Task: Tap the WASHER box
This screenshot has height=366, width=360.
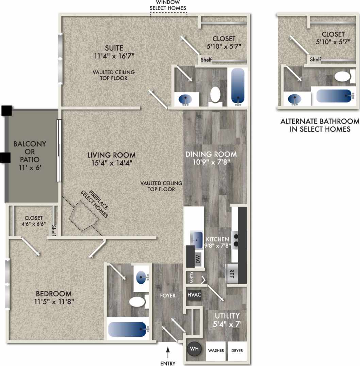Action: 216,350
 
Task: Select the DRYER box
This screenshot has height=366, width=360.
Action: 237,350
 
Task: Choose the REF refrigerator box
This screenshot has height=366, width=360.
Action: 231,272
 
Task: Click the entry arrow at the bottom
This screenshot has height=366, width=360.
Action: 168,352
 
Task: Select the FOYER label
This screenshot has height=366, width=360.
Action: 168,296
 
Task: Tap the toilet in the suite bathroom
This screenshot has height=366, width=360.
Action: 215,94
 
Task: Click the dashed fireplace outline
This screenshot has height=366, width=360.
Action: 83,216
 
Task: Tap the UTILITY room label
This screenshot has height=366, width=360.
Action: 227,315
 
